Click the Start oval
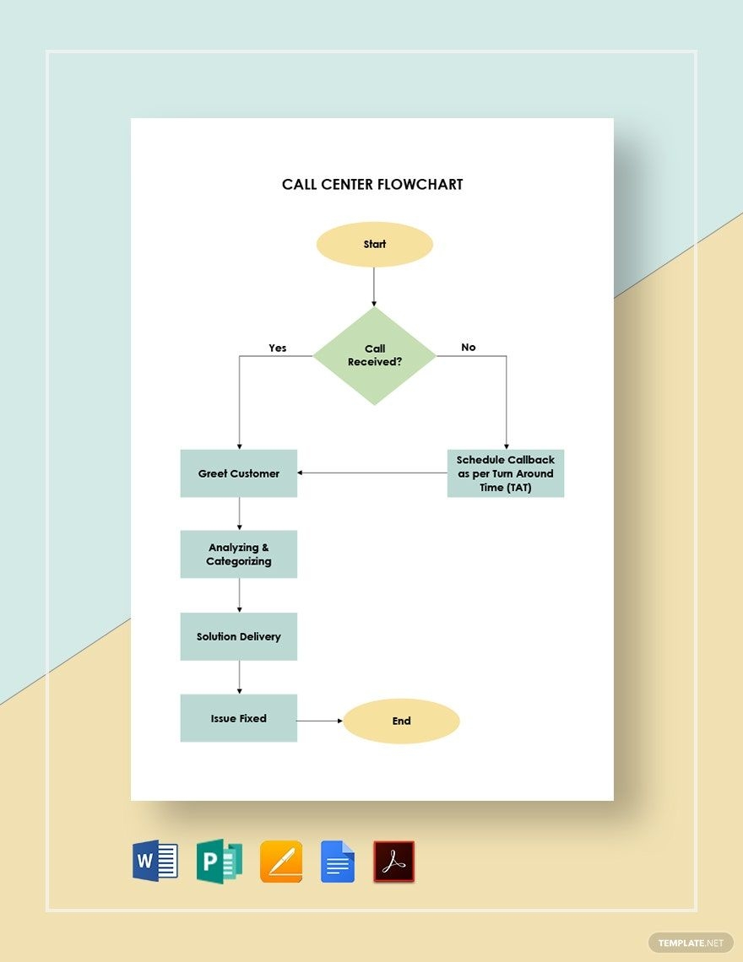point(374,245)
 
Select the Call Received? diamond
point(374,355)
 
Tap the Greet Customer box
point(239,473)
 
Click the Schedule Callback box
point(505,473)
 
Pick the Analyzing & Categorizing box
point(239,554)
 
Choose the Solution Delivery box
point(239,636)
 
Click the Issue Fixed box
point(239,718)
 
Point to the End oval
point(401,721)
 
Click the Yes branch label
point(278,348)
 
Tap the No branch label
point(469,347)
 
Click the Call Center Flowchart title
point(372,185)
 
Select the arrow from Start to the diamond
point(374,287)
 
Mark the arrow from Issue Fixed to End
point(320,721)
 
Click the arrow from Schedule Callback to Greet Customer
point(371,473)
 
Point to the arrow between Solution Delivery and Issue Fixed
point(239,677)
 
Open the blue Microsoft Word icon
point(155,862)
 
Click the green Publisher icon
point(219,862)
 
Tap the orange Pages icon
point(281,862)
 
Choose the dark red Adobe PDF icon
point(394,862)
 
